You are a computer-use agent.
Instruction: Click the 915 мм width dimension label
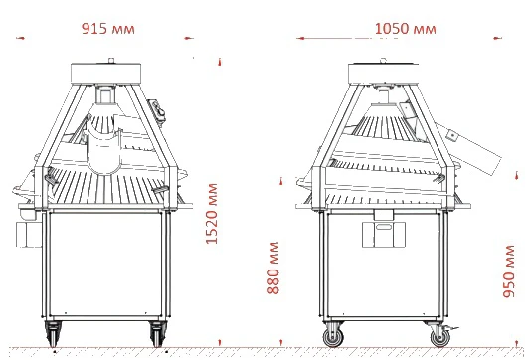tap(108, 29)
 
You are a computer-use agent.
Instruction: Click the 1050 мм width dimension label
tap(406, 29)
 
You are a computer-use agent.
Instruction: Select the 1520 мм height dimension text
tap(212, 214)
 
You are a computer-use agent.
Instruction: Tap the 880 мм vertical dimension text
tap(273, 268)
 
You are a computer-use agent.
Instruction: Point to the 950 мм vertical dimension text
tap(509, 271)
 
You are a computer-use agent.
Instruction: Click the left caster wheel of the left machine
tap(53, 334)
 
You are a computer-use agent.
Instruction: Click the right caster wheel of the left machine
tap(157, 334)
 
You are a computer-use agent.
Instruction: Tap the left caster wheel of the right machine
tap(333, 336)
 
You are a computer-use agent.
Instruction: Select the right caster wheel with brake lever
tap(440, 336)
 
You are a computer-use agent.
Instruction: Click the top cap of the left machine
tap(106, 74)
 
